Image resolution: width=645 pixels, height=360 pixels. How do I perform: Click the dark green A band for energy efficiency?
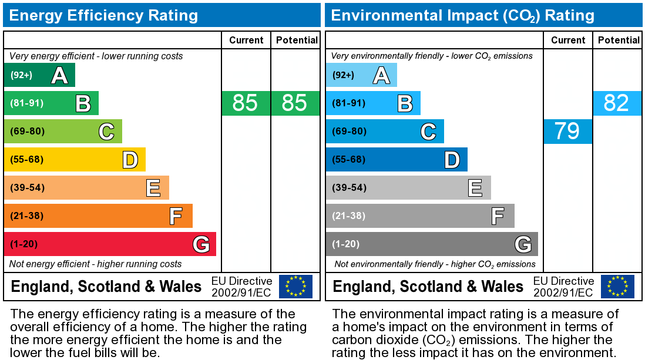tap(39, 75)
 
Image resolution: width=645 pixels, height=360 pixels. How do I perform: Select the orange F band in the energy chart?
tap(98, 216)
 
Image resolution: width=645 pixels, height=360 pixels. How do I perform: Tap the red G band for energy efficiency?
tap(110, 244)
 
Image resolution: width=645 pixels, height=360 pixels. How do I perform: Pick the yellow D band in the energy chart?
tap(75, 160)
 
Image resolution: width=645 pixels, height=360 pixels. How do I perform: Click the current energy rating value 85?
tap(246, 103)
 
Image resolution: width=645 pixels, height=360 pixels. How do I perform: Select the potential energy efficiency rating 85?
tap(295, 103)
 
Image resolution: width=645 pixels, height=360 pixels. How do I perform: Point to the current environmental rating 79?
tap(567, 131)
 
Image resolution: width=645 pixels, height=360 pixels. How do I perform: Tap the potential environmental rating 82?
tap(617, 103)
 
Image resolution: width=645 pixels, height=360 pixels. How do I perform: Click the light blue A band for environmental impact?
tap(361, 75)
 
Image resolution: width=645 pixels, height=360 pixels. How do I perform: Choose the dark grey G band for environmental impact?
tap(432, 244)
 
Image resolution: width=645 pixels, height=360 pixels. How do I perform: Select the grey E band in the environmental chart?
tap(408, 188)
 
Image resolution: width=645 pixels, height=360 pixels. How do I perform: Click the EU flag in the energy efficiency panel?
tap(295, 287)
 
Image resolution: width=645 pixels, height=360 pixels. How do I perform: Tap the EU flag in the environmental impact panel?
tap(617, 287)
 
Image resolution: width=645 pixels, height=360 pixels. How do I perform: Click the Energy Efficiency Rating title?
tap(104, 15)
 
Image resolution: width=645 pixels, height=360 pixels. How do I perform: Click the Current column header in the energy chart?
tap(246, 40)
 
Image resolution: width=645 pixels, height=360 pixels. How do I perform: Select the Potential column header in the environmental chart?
tap(619, 40)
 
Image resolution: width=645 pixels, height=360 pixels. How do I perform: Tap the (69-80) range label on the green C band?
tap(27, 132)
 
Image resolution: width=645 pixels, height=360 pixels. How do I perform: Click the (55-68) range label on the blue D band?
tap(349, 160)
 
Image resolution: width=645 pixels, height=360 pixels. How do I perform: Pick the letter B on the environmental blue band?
tap(405, 103)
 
